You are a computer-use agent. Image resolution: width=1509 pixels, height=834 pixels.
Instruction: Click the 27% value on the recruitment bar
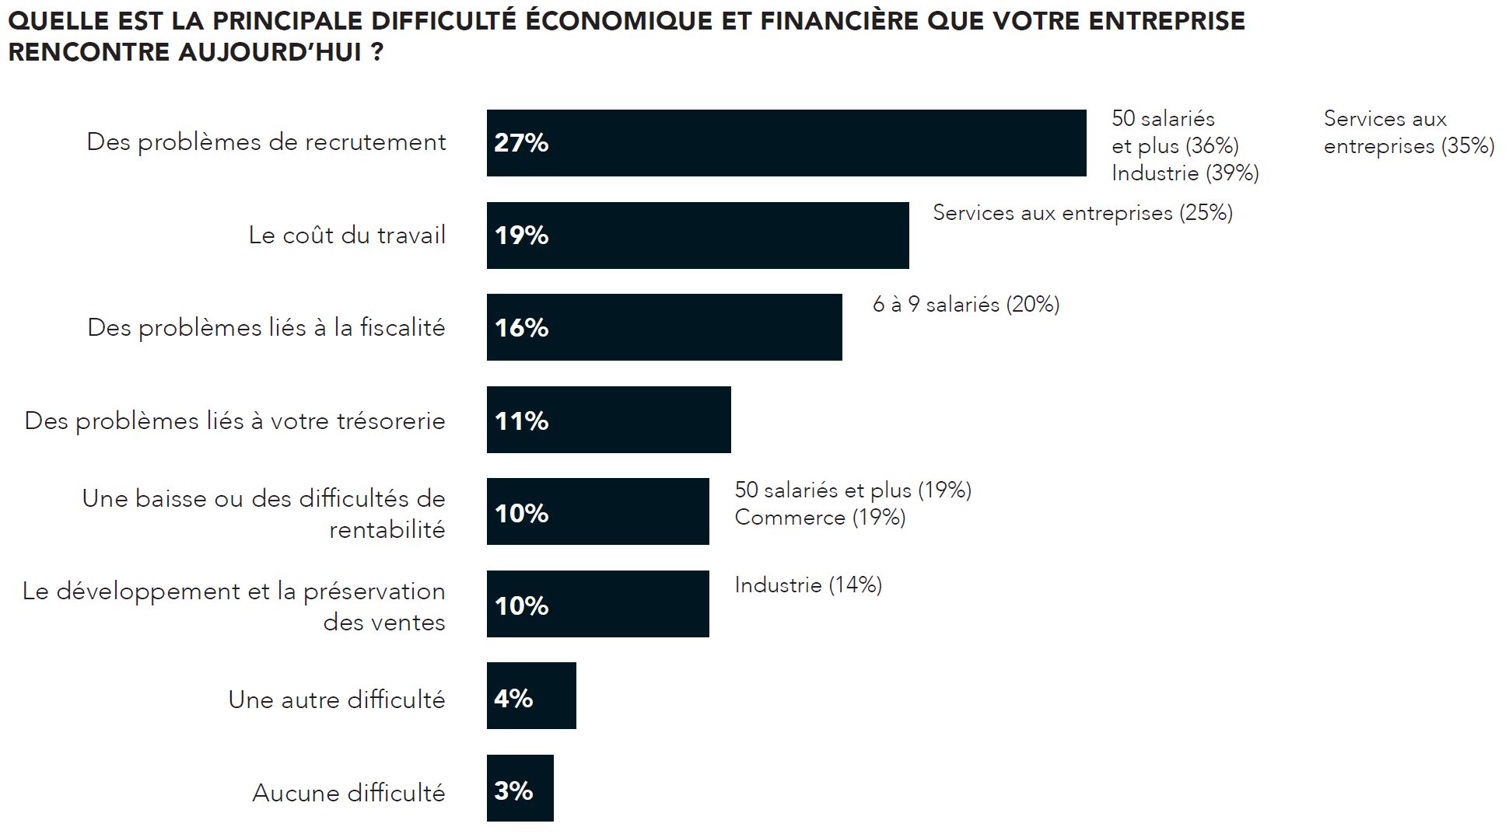(x=521, y=143)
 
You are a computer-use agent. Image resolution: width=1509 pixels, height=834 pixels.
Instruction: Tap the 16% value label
(x=521, y=328)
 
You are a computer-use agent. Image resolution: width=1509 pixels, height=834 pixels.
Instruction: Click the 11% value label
(x=521, y=421)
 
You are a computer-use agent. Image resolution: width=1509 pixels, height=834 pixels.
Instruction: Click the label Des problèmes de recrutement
(x=266, y=142)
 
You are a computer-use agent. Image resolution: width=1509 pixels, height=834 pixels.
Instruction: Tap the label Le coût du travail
(x=347, y=235)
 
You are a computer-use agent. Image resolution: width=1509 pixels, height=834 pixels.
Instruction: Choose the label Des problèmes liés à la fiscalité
(x=266, y=327)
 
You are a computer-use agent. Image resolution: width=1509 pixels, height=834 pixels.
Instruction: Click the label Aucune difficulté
(x=348, y=793)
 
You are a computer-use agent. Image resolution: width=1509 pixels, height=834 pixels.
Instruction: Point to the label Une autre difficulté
(x=336, y=700)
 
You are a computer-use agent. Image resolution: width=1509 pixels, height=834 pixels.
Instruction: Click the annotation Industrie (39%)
(x=1185, y=173)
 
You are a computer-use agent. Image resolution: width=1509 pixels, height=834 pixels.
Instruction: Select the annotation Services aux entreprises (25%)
(x=1082, y=213)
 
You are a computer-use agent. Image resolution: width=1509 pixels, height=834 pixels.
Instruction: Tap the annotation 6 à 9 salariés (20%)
(x=965, y=304)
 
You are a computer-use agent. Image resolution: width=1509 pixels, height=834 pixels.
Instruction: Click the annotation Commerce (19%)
(x=820, y=518)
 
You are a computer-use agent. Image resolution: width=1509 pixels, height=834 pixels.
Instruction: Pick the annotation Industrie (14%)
(x=807, y=584)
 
